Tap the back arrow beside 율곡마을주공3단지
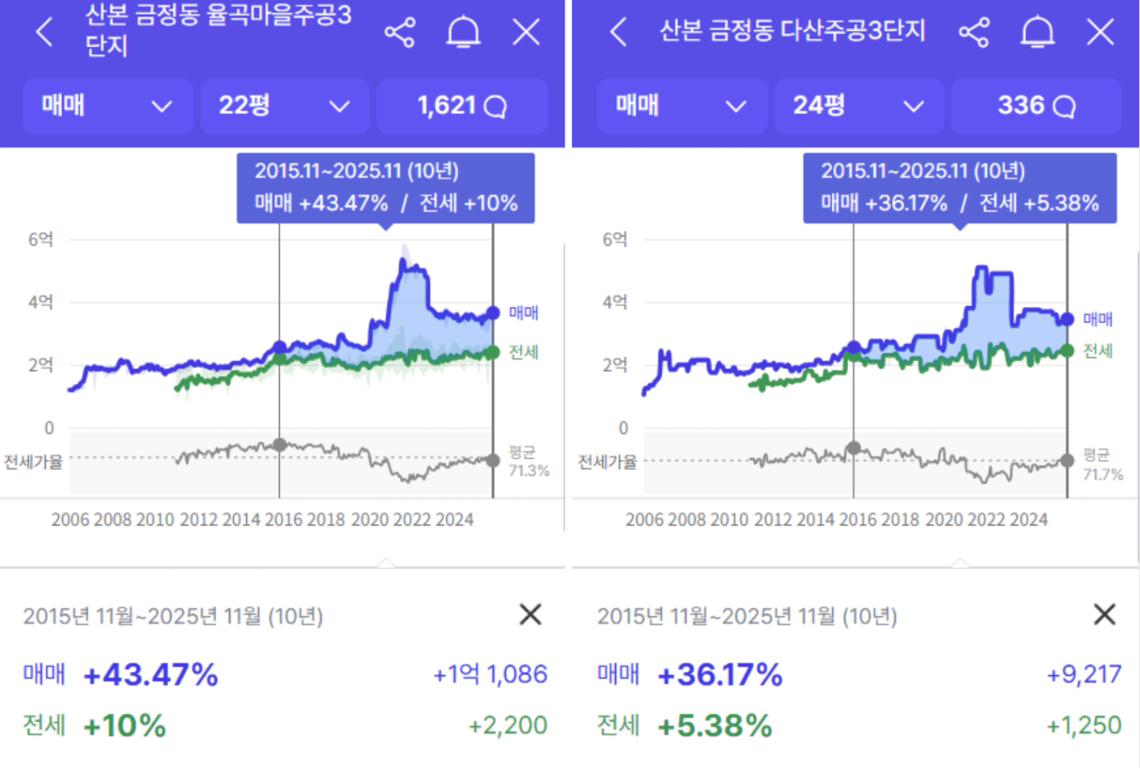(x=45, y=32)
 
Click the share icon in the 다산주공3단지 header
(x=974, y=33)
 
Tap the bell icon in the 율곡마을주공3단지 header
(x=463, y=33)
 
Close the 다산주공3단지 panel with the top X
(x=1100, y=33)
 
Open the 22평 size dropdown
(x=284, y=105)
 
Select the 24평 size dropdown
(x=858, y=105)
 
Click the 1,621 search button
(x=462, y=105)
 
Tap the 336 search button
(x=1036, y=105)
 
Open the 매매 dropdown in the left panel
(x=107, y=105)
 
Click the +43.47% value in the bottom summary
(x=151, y=675)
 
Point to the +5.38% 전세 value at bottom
(x=715, y=726)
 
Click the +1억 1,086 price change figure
(x=490, y=674)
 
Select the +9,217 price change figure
(x=1084, y=674)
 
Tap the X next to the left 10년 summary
(x=530, y=615)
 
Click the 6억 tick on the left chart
(x=41, y=239)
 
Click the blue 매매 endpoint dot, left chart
(x=493, y=313)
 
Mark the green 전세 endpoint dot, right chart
(x=1067, y=350)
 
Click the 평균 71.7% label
(x=1102, y=464)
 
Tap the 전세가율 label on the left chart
(x=33, y=462)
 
